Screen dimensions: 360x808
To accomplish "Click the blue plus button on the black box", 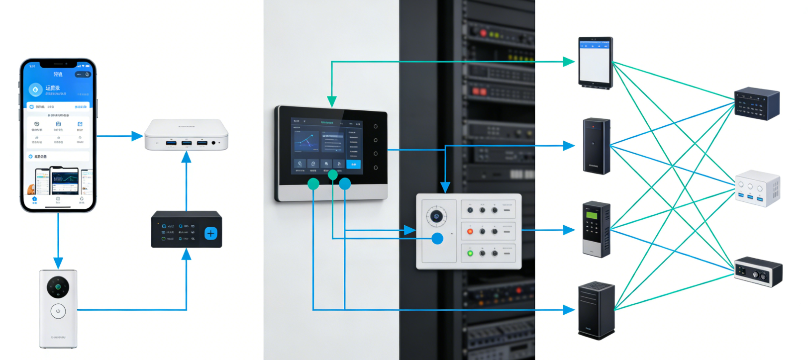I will [x=210, y=233].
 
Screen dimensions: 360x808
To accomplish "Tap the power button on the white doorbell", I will [x=58, y=311].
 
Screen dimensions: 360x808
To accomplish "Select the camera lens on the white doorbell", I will [x=58, y=287].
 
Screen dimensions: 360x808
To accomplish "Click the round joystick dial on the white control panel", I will [x=436, y=216].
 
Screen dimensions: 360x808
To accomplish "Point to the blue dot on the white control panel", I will [x=437, y=239].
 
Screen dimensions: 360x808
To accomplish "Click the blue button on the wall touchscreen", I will [x=354, y=164].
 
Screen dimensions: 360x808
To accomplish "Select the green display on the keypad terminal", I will [x=591, y=215].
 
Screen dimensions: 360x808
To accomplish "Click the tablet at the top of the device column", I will [x=595, y=62].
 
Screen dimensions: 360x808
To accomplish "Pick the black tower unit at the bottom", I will [x=596, y=311].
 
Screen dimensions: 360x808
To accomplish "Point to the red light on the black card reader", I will [x=593, y=127].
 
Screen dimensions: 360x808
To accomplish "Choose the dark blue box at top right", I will [x=757, y=103].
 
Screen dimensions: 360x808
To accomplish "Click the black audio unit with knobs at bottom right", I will [x=758, y=271].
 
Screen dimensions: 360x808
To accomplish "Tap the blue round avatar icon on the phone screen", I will [x=35, y=90].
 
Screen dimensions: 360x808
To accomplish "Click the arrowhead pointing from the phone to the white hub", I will [x=137, y=136].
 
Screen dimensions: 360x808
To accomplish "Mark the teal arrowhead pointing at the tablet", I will [x=569, y=62].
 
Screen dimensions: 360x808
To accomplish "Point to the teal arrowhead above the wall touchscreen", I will [x=332, y=102].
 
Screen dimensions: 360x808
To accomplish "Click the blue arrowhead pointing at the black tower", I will [x=569, y=310].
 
